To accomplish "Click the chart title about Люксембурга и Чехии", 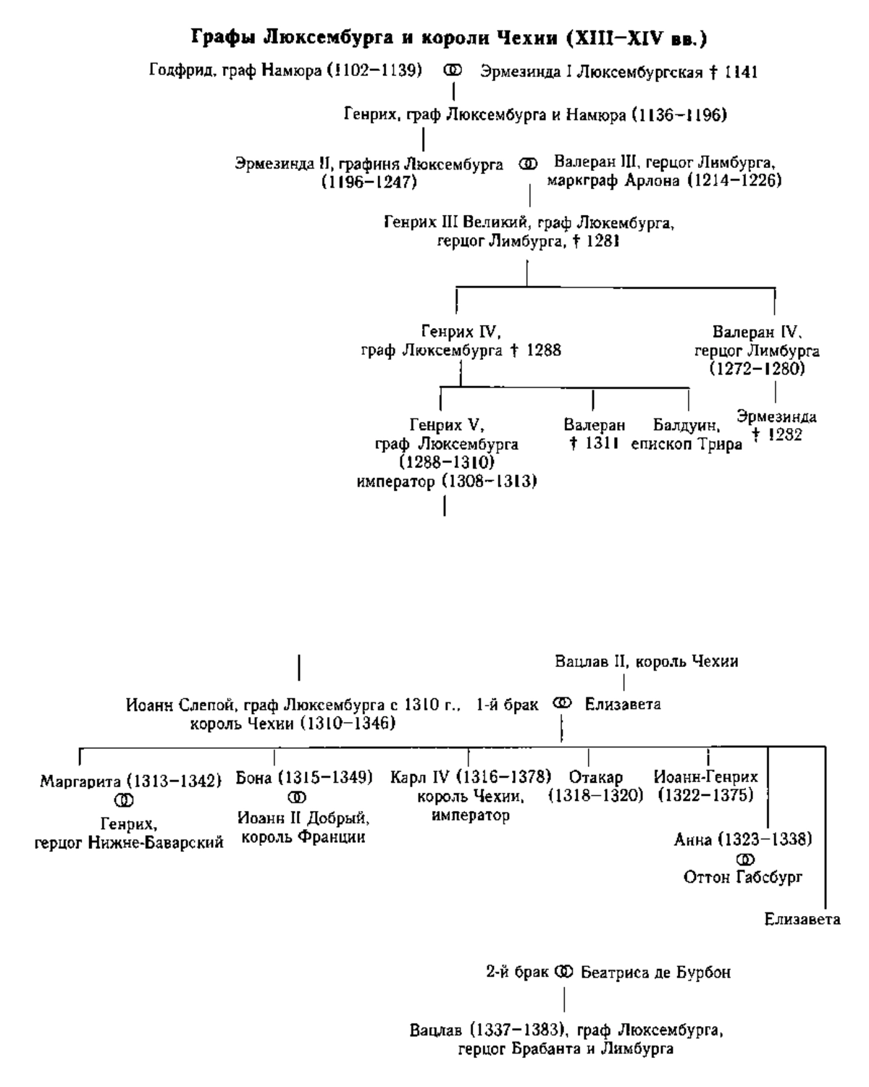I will tap(448, 37).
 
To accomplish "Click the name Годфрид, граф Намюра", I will tap(285, 71).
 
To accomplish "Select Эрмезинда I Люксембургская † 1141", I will tap(619, 72).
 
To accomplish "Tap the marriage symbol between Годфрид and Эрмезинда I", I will tap(452, 71).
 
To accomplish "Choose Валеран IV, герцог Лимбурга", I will tap(757, 343).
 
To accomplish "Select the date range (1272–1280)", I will tap(757, 369).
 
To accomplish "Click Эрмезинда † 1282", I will tap(777, 426).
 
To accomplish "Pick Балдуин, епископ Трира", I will tap(687, 435).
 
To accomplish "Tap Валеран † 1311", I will tap(595, 435).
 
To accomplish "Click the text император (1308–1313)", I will tap(447, 482).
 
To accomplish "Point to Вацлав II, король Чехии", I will tap(646, 661).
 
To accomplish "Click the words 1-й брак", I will tap(507, 704).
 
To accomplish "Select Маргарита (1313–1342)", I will tap(130, 781).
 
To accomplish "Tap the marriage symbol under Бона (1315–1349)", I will tap(297, 797).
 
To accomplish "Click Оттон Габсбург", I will tap(743, 877).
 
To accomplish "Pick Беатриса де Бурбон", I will tap(655, 973).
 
